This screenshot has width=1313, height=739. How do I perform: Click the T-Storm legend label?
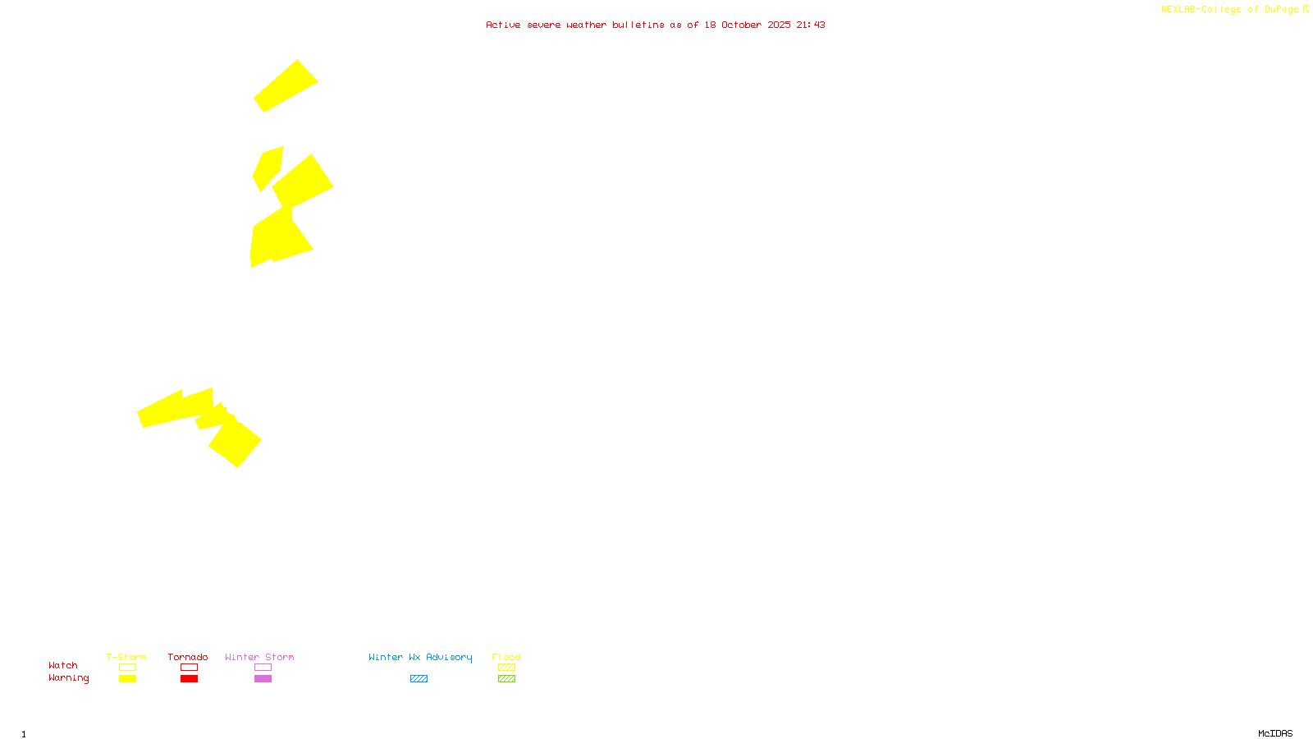[126, 657]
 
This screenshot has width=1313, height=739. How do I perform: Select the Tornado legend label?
[188, 657]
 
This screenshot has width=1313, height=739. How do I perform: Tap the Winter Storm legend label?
[259, 657]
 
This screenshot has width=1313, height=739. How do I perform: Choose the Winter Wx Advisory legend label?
[420, 657]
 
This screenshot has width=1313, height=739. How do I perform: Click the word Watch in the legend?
[63, 665]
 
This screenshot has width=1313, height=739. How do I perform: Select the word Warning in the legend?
[69, 678]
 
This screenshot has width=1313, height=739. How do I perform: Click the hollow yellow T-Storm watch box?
[127, 668]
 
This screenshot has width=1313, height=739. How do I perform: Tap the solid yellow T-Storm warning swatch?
[127, 679]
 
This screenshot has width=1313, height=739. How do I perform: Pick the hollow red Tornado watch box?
[189, 668]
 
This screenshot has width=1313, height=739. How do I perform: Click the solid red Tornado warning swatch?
[189, 679]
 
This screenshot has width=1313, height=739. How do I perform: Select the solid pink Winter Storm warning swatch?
[263, 679]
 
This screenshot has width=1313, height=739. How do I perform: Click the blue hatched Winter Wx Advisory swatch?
[419, 679]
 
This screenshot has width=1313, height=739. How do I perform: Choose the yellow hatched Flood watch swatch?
[506, 668]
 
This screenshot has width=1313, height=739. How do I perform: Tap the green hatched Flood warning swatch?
[506, 679]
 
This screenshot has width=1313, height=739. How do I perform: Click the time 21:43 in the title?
[811, 25]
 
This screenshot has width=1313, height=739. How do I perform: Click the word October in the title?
[741, 25]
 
